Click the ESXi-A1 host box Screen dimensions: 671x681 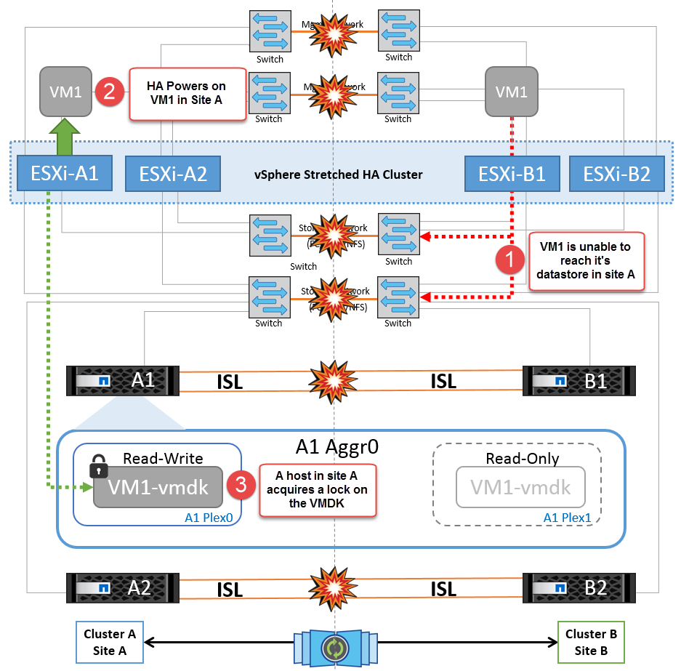64,174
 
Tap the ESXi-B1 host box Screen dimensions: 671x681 513,174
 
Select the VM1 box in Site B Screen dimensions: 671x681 512,92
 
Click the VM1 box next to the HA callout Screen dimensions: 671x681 65,92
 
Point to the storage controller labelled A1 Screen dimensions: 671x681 124,380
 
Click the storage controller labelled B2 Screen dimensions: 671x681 579,587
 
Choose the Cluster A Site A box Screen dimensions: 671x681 110,641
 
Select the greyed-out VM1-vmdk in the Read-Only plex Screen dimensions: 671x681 520,487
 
